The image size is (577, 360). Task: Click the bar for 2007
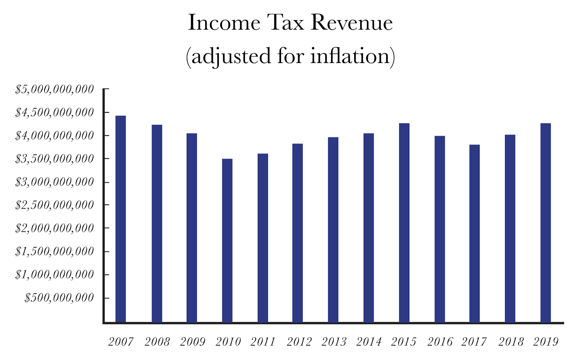point(120,219)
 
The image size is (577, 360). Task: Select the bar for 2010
point(227,240)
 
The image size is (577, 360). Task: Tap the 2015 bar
point(404,223)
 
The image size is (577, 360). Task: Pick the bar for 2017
point(475,233)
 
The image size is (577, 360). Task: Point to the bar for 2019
point(546,223)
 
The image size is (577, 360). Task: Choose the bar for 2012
point(298,233)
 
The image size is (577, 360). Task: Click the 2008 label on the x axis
point(157,342)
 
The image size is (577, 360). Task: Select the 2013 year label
point(334,342)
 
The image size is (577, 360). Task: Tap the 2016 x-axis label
point(440,342)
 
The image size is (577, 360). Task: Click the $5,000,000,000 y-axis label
point(54,89)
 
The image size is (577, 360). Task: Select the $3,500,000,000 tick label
point(54,159)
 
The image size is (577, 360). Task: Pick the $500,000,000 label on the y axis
point(59,298)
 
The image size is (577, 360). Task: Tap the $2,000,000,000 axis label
point(54,228)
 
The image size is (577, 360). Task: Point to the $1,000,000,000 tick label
point(54,275)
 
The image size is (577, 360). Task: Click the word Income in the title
point(224,23)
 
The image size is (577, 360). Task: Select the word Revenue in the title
point(352,23)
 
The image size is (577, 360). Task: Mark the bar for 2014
point(369,228)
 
